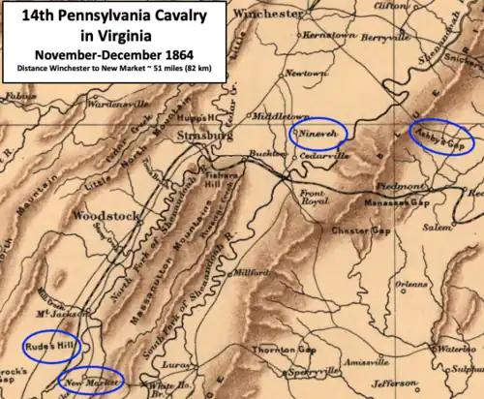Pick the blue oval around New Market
tap(91, 381)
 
